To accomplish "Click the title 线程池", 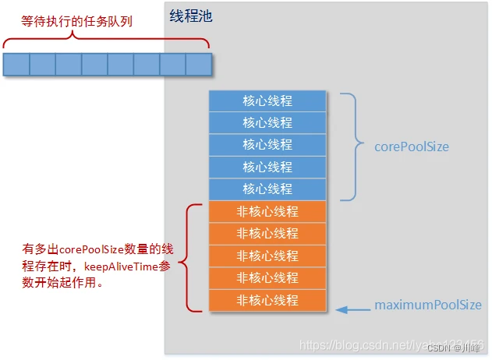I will click(x=190, y=16).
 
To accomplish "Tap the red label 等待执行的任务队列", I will click(x=76, y=21).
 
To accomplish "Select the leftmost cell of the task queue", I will click(x=16, y=64).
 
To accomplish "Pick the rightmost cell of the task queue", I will click(x=199, y=64).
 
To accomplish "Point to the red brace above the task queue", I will click(x=107, y=41).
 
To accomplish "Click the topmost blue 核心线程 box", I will click(x=267, y=101).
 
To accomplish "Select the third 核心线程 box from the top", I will click(x=267, y=145).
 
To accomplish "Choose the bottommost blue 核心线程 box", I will click(x=267, y=189).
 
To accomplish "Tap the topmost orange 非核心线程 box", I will click(x=267, y=211).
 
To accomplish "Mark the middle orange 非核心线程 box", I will click(x=267, y=256).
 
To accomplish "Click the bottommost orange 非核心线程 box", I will click(x=267, y=300).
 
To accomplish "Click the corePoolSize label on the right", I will click(x=412, y=146).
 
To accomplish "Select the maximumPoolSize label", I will click(x=428, y=305).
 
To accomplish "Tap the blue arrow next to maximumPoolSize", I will click(x=352, y=309).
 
